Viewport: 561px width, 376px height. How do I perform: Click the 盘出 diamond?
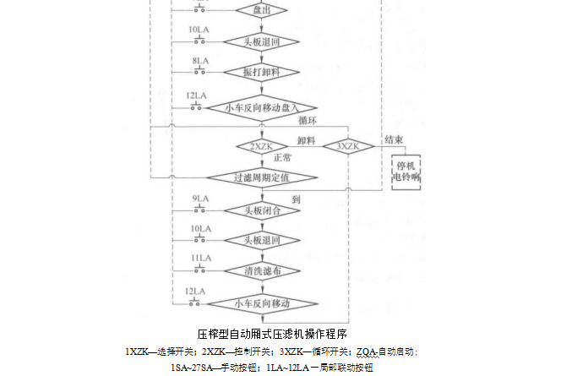(261, 10)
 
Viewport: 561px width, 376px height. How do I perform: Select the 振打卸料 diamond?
(261, 70)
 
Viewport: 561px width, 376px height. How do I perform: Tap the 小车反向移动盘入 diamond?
(261, 107)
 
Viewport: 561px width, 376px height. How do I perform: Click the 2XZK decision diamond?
(261, 146)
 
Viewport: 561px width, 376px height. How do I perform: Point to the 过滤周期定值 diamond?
(261, 177)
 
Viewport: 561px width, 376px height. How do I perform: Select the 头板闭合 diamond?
(261, 210)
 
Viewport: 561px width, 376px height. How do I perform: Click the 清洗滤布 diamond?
(261, 270)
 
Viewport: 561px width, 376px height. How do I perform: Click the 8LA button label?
(200, 62)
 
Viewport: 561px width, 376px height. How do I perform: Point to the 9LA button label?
(200, 199)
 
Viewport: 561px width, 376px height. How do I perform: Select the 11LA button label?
(200, 258)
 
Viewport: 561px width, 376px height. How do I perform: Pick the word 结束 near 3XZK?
(394, 139)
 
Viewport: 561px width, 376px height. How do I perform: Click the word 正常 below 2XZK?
(283, 158)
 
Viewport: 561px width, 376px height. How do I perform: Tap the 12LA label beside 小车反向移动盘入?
(196, 95)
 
